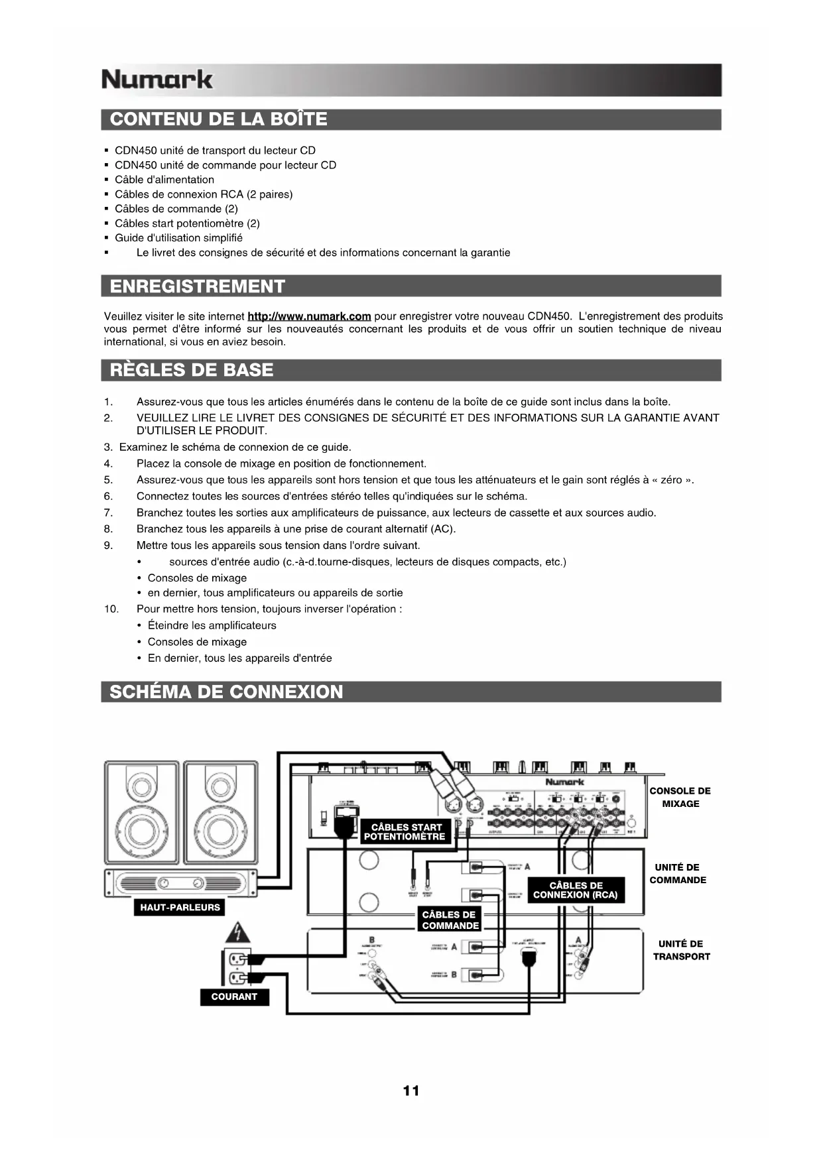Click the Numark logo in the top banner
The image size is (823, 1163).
point(157,80)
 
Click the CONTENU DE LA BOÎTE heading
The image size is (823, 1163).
point(218,119)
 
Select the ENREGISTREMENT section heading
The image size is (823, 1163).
point(197,286)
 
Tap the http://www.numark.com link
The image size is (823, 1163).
point(308,316)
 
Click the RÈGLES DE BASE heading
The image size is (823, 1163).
point(191,370)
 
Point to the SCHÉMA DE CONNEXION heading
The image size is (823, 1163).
point(226,692)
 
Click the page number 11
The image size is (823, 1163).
point(411,1091)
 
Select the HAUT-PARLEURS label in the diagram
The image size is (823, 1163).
point(180,908)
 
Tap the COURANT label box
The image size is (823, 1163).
point(234,997)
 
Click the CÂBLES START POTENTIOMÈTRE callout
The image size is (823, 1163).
point(405,831)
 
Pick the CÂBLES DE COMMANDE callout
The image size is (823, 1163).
point(450,920)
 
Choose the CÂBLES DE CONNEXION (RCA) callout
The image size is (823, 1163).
point(575,890)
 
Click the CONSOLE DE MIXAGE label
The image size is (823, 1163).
point(680,797)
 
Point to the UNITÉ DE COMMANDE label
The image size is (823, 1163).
point(677,873)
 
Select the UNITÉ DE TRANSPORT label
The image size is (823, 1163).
point(681,949)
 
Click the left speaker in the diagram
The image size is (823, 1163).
point(141,812)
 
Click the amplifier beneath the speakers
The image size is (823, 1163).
point(180,883)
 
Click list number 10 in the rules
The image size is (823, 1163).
point(111,609)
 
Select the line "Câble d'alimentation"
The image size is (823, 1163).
point(164,180)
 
